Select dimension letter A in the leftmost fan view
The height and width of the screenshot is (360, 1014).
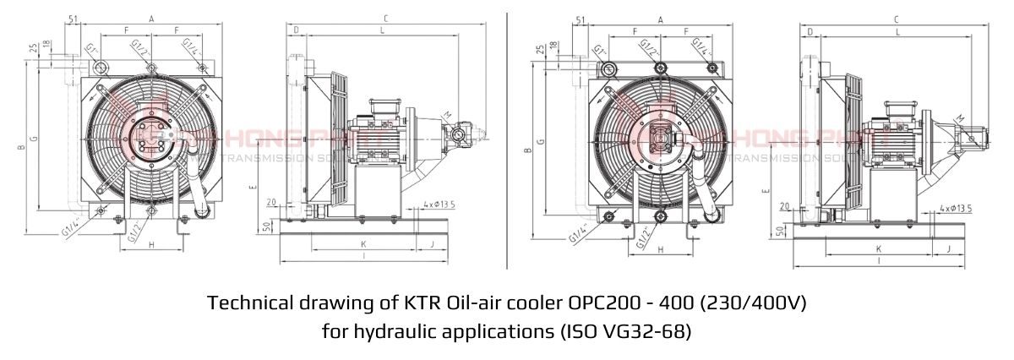pos(150,18)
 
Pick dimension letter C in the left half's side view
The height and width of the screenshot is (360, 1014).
pos(385,18)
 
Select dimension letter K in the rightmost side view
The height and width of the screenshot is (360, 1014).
pos(879,249)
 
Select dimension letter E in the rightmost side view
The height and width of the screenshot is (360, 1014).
pos(766,191)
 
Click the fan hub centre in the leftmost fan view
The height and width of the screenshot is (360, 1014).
pos(150,136)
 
